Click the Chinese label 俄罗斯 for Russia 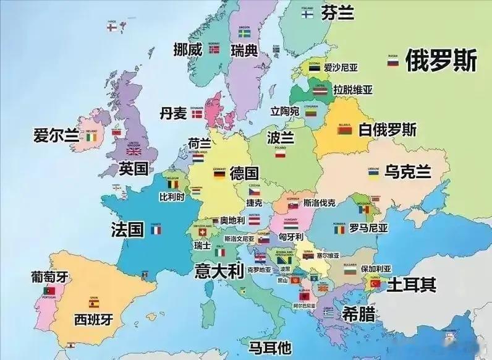pyautogui.click(x=441, y=61)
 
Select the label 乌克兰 pyautogui.click(x=407, y=171)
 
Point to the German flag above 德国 pyautogui.click(x=219, y=174)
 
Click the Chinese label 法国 pyautogui.click(x=127, y=229)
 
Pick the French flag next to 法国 pyautogui.click(x=156, y=230)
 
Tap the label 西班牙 pyautogui.click(x=94, y=319)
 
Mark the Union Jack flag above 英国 pyautogui.click(x=134, y=150)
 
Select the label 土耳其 pyautogui.click(x=411, y=285)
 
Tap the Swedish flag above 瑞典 pyautogui.click(x=244, y=33)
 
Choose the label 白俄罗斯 pyautogui.click(x=388, y=130)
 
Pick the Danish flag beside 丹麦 pyautogui.click(x=198, y=114)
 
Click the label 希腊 pyautogui.click(x=357, y=314)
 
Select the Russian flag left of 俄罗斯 pyautogui.click(x=392, y=62)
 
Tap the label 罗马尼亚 pyautogui.click(x=368, y=228)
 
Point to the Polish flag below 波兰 pyautogui.click(x=280, y=154)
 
